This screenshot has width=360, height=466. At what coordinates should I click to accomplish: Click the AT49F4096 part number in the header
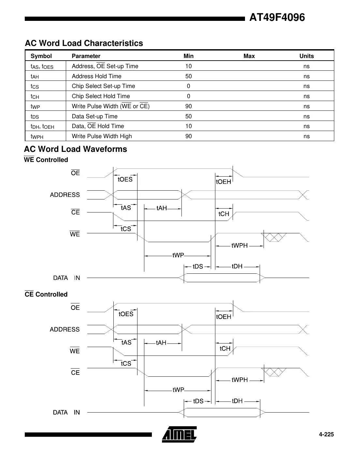[277, 17]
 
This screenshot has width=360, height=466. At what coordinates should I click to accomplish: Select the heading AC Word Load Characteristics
[84, 43]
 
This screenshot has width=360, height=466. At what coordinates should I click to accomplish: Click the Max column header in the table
[249, 56]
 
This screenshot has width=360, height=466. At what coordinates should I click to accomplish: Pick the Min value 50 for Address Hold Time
[188, 76]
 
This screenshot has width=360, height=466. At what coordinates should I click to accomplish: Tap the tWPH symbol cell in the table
[37, 137]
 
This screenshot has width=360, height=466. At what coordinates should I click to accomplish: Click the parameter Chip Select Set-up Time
[103, 86]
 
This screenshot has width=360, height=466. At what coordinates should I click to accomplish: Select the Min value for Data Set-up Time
[188, 116]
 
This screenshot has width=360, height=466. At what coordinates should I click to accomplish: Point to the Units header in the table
[306, 56]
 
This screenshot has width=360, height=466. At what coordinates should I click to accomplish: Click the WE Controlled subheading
[46, 160]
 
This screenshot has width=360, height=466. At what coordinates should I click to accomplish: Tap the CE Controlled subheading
[46, 294]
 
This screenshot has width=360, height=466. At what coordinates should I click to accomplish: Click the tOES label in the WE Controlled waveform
[125, 180]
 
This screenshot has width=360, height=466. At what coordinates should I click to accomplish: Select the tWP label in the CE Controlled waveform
[178, 390]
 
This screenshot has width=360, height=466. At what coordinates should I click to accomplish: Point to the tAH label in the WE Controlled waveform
[162, 208]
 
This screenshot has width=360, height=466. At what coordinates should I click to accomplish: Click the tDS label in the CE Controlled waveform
[198, 401]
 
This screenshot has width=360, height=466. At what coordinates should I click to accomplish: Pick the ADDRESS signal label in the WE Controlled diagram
[65, 195]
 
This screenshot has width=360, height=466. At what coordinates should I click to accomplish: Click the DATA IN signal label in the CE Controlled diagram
[66, 413]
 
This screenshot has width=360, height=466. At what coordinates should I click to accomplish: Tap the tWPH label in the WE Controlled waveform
[239, 246]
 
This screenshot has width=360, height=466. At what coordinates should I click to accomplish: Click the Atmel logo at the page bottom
[179, 434]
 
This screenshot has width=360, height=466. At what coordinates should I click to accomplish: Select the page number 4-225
[326, 434]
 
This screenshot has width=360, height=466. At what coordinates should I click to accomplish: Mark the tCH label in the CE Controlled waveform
[225, 349]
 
